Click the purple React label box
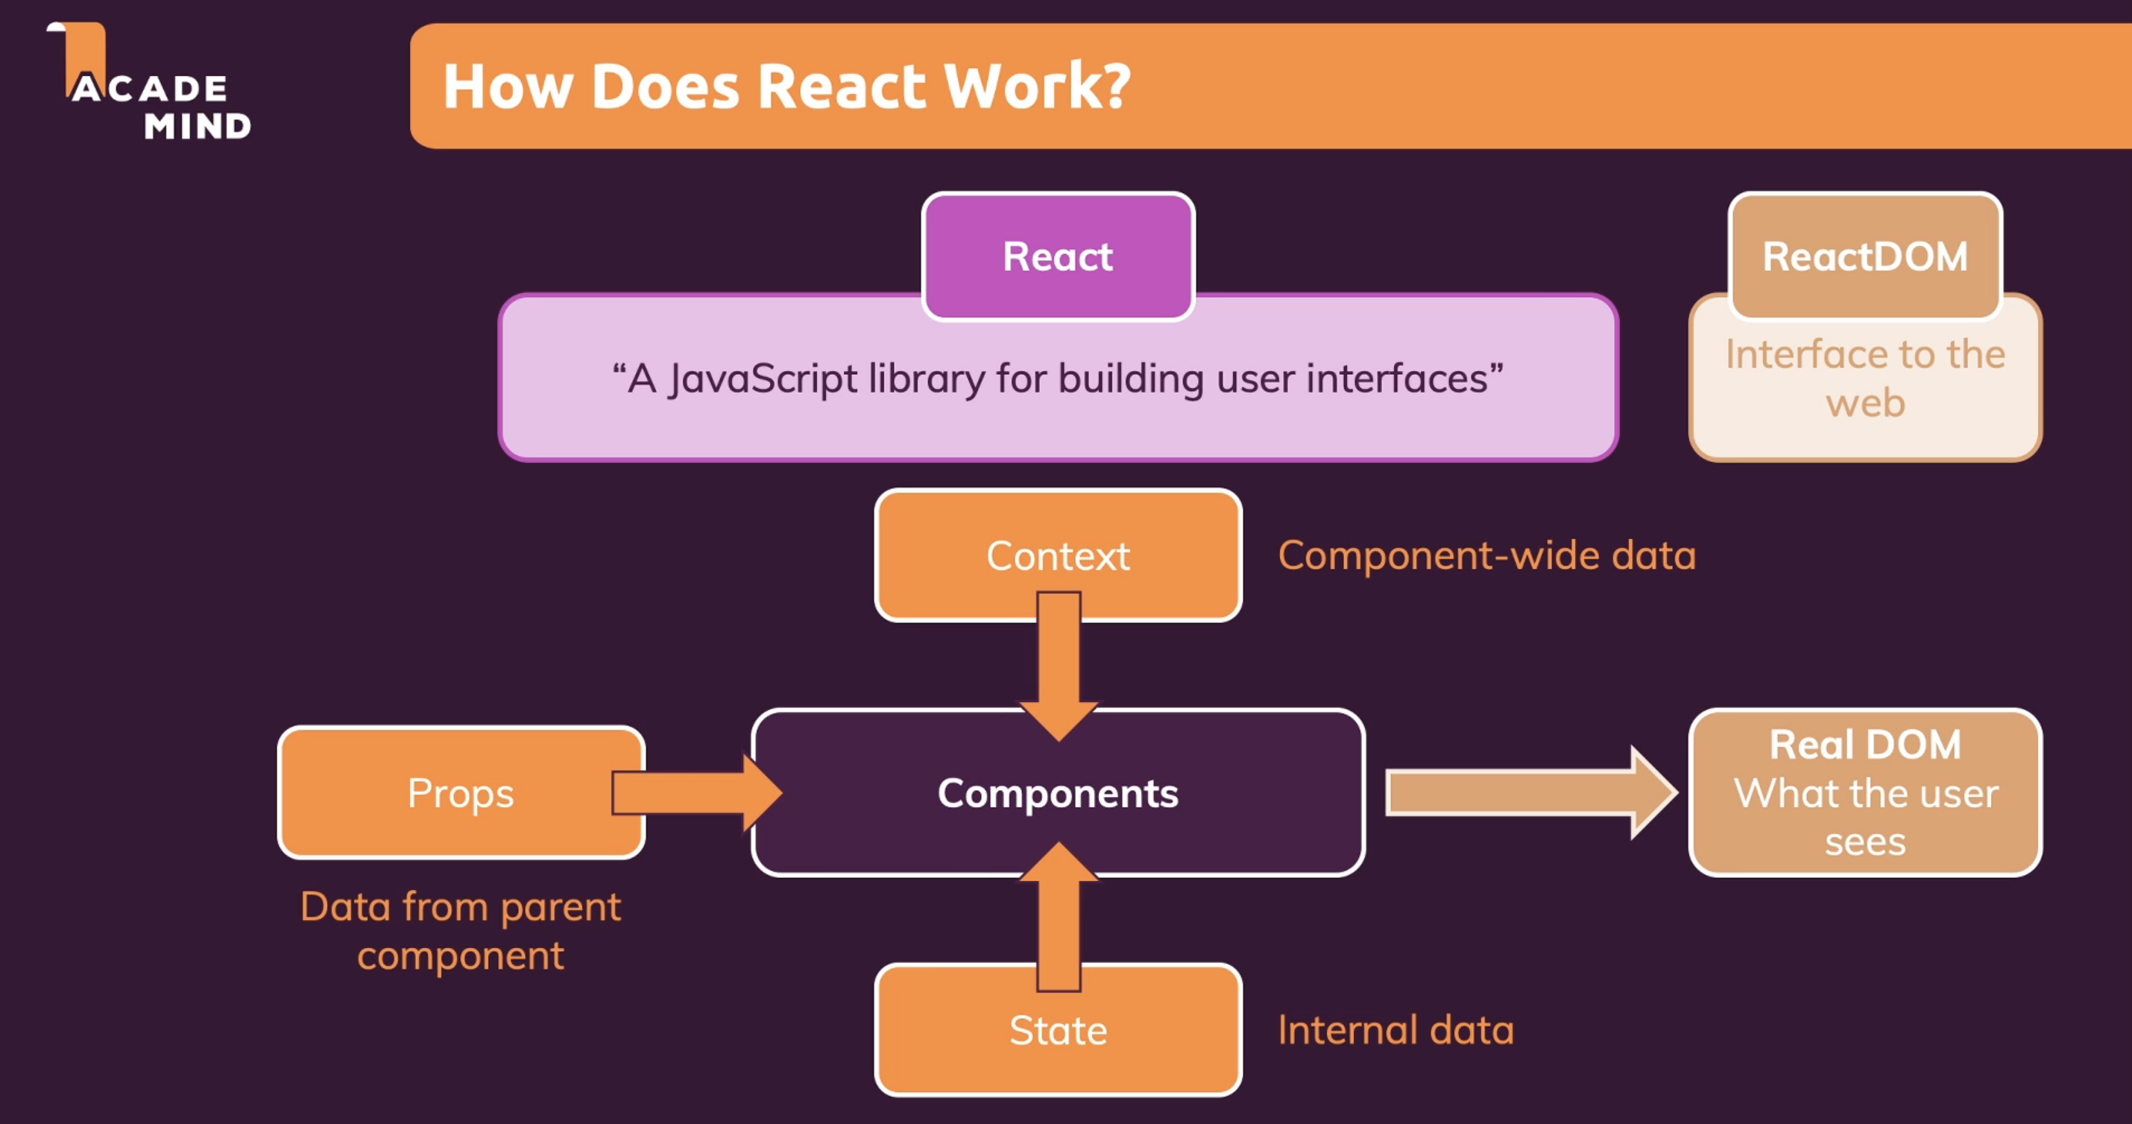1058,256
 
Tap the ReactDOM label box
1864,256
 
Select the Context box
1058,555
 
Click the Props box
460,793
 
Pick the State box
1058,1031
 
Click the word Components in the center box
1058,793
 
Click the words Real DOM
1864,744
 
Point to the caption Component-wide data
1486,555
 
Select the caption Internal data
1395,1031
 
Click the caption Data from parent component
460,931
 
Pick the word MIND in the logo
197,127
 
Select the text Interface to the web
1864,378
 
